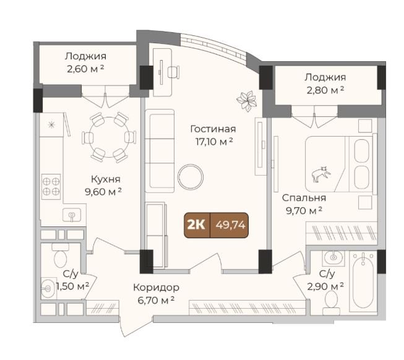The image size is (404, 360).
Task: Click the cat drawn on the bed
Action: click(x=321, y=174)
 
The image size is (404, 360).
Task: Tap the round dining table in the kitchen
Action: click(x=109, y=137)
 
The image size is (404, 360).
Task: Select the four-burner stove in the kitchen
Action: click(x=51, y=187)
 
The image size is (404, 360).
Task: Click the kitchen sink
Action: click(x=72, y=215)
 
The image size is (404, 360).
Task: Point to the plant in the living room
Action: click(x=247, y=101)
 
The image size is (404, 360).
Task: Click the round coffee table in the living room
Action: click(x=191, y=177)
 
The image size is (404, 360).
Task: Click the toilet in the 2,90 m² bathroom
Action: click(x=331, y=299)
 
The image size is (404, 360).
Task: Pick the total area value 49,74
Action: click(x=230, y=225)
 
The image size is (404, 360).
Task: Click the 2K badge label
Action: click(x=196, y=225)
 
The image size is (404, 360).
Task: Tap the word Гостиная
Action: click(x=213, y=129)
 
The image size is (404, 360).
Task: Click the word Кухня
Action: click(x=106, y=179)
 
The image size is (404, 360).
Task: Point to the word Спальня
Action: click(x=304, y=198)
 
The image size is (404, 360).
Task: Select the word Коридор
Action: click(x=156, y=288)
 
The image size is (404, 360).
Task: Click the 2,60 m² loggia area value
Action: click(x=85, y=69)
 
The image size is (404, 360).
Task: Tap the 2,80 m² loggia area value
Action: click(x=325, y=90)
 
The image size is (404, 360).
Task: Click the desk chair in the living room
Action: click(x=174, y=72)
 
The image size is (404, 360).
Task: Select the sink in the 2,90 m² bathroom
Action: click(x=334, y=257)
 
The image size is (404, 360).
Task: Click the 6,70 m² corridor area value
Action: click(x=157, y=300)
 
